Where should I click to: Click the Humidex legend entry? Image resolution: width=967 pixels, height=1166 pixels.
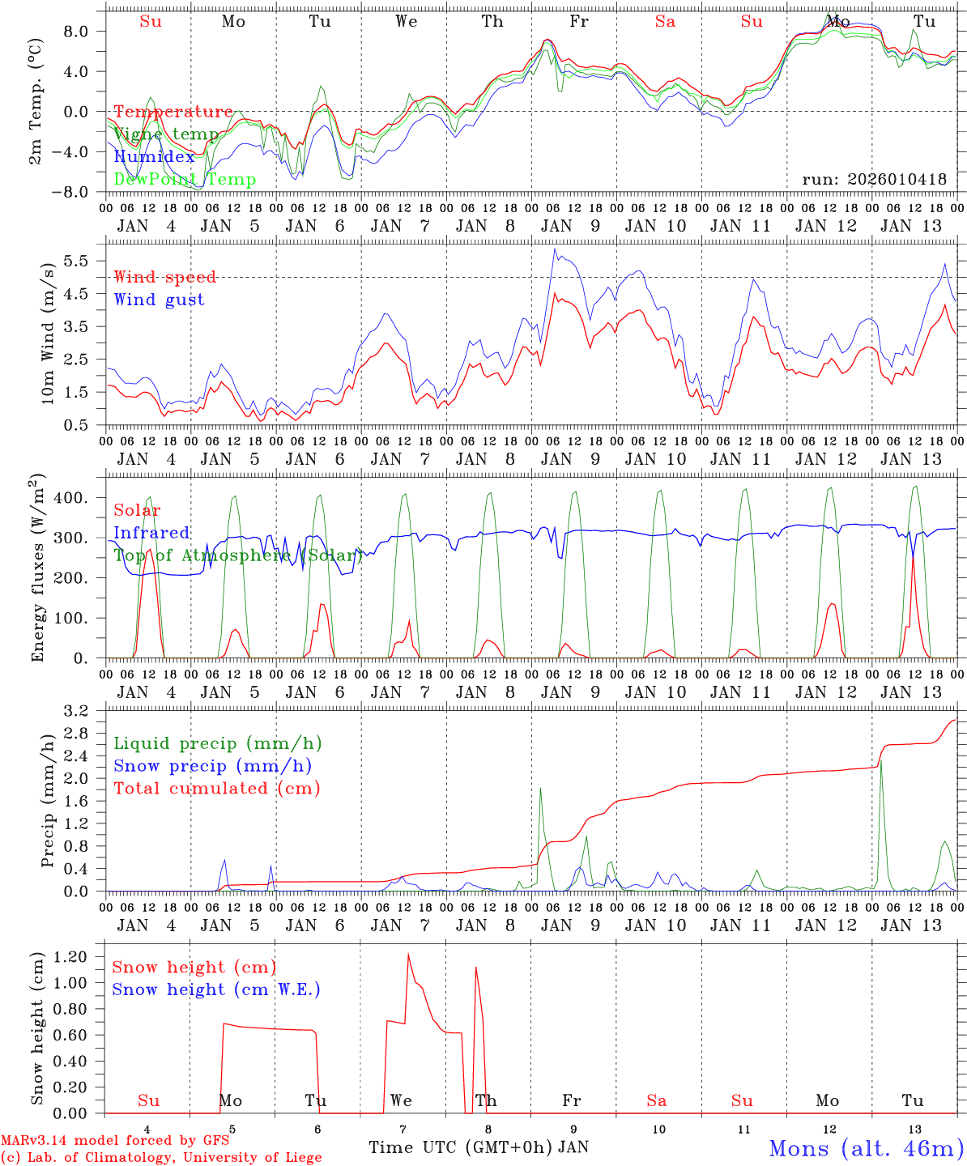(x=154, y=157)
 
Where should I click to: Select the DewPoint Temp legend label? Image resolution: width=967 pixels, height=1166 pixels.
(x=185, y=180)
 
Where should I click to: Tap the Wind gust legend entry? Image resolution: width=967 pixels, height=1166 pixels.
(x=159, y=300)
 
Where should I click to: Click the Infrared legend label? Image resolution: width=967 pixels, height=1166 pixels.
(x=151, y=533)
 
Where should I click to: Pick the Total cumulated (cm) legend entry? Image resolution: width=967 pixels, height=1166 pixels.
(x=216, y=789)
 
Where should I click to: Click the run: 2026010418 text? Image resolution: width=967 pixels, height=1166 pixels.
(x=874, y=180)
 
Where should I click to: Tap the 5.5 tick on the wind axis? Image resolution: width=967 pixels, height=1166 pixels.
(x=75, y=261)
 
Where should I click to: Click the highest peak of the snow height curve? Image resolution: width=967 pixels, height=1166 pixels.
(x=408, y=954)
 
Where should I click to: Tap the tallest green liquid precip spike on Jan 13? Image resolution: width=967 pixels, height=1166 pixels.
(x=881, y=761)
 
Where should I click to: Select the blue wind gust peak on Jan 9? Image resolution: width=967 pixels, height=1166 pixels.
(x=555, y=249)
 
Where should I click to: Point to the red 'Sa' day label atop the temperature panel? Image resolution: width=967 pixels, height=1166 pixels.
(x=665, y=22)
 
